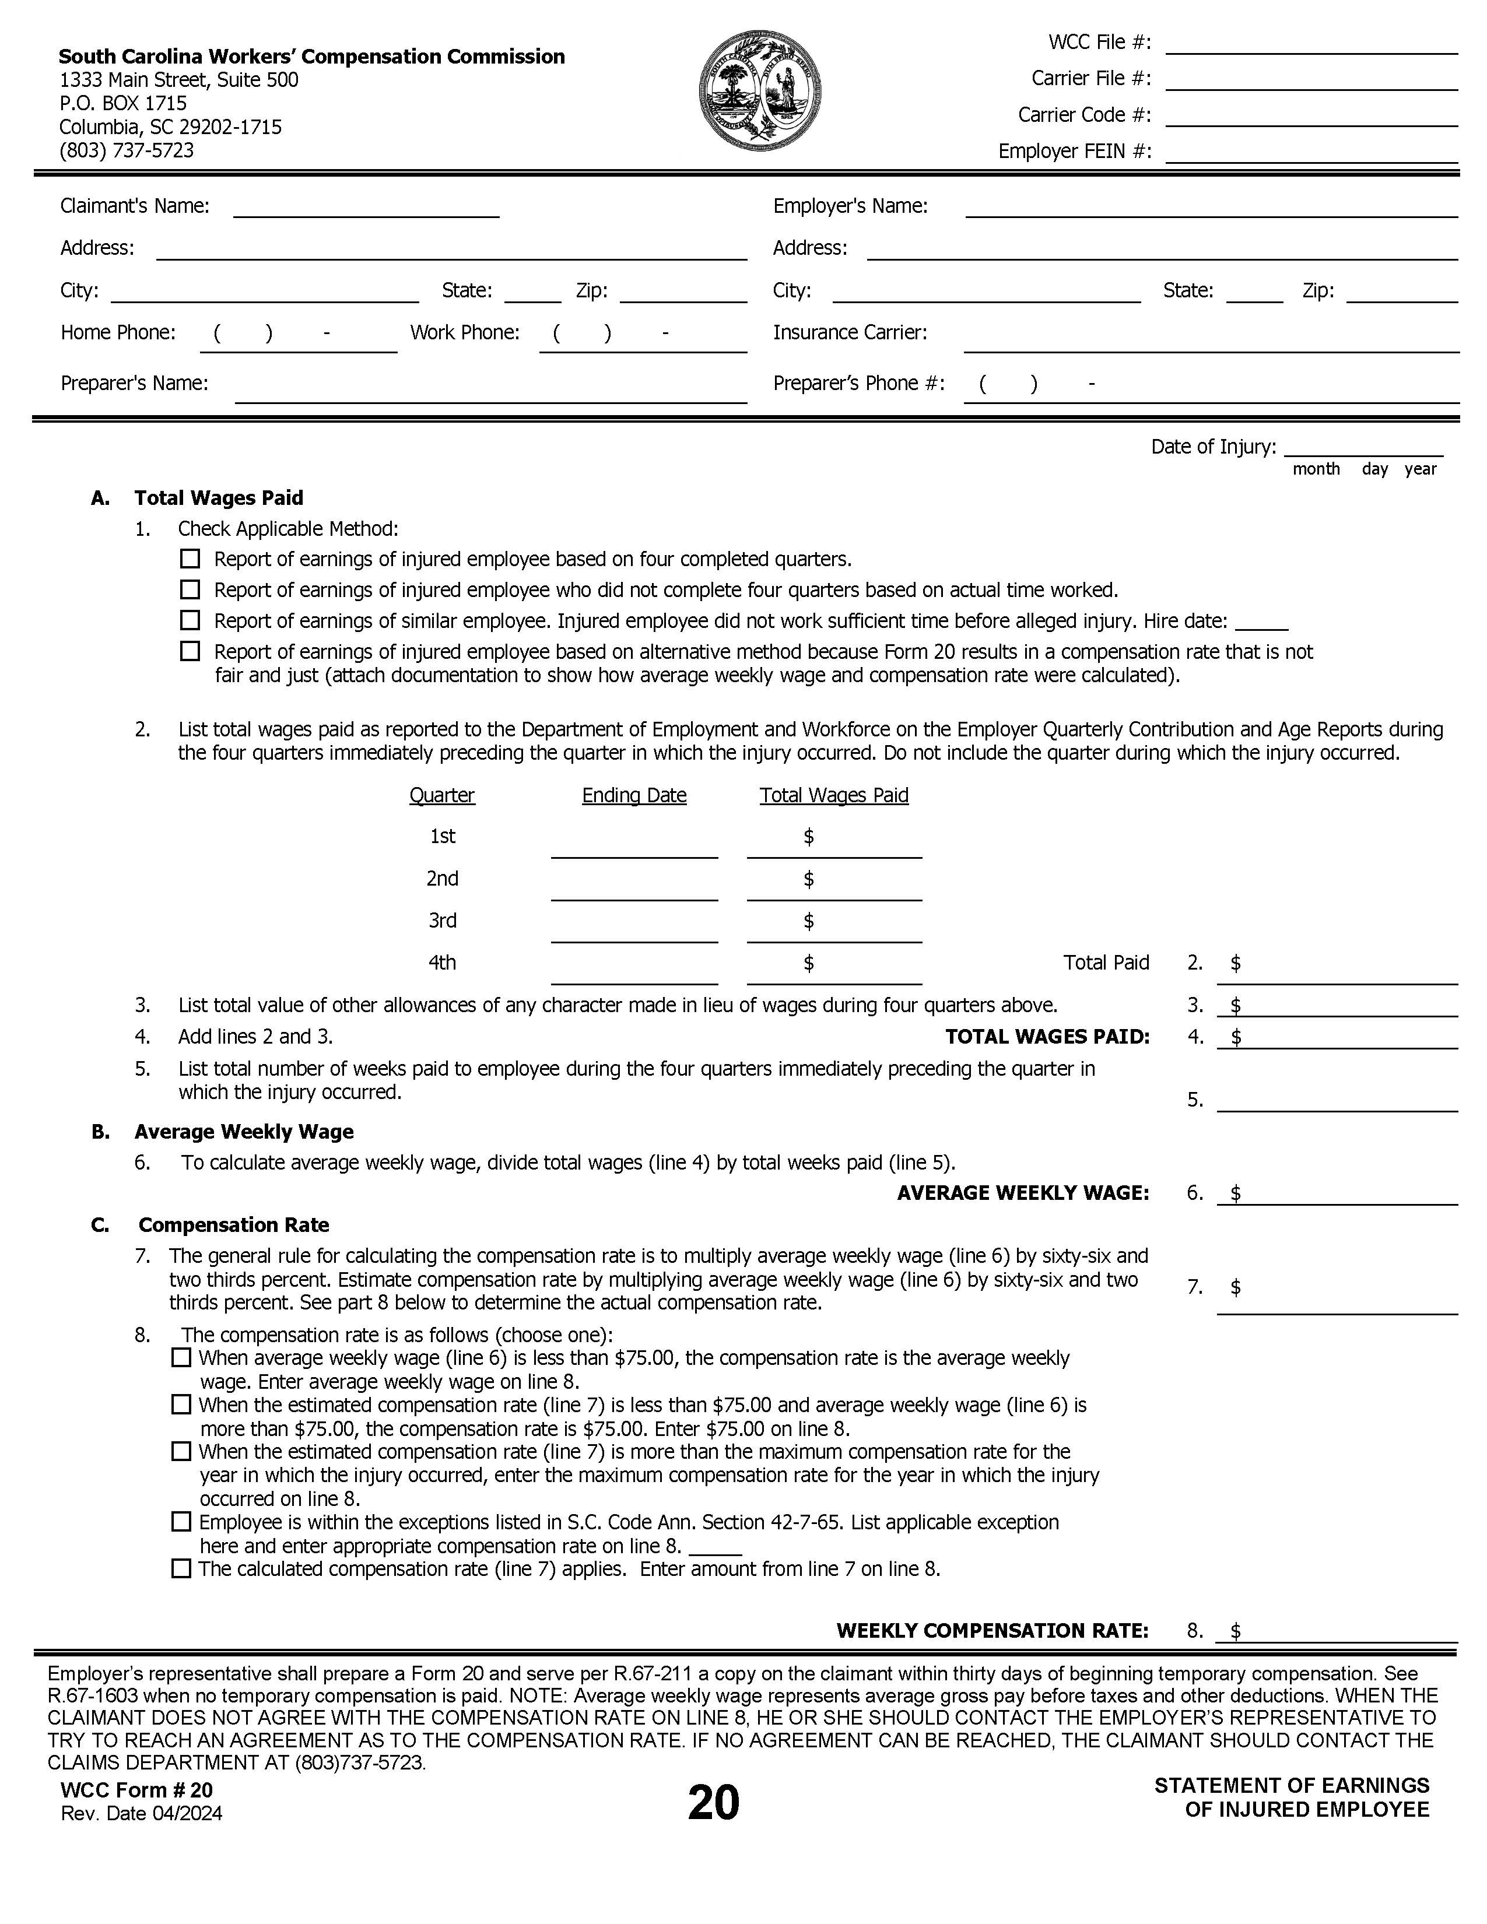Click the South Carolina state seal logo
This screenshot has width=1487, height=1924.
(x=760, y=90)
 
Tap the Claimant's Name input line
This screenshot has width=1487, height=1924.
(x=366, y=209)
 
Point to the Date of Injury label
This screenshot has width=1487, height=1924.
(x=1212, y=447)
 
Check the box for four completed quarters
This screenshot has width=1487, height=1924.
(x=190, y=559)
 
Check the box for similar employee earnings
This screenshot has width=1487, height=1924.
(x=190, y=621)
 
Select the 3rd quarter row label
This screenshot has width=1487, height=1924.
(x=442, y=921)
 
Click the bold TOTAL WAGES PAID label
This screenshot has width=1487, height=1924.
(x=1047, y=1037)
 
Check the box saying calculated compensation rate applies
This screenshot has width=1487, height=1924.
(x=181, y=1569)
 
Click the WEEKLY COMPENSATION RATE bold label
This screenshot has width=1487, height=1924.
(x=992, y=1631)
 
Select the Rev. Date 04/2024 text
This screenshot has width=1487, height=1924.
(x=141, y=1814)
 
